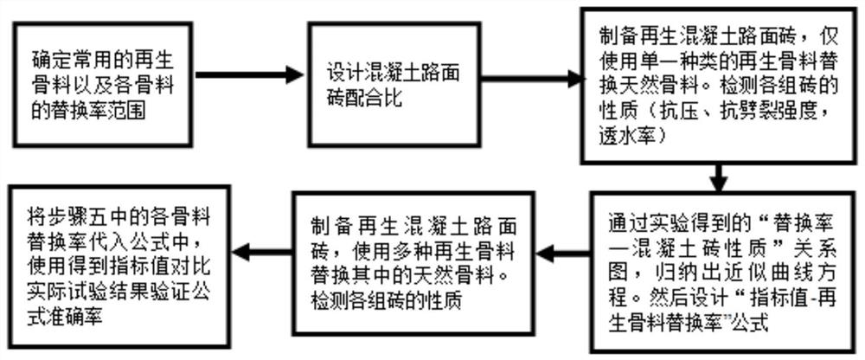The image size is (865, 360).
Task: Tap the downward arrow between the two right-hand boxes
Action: click(717, 178)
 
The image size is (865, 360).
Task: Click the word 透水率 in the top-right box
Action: click(630, 136)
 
